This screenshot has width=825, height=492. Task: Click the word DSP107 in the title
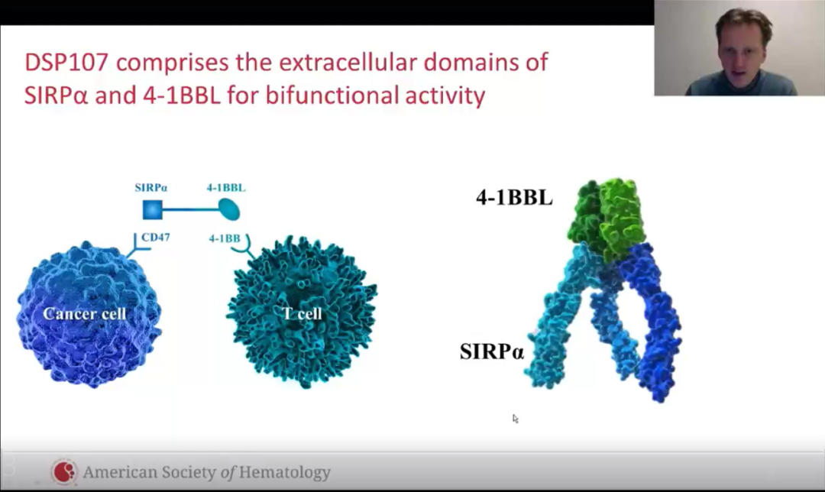(x=66, y=62)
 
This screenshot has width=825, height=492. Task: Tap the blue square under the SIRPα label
(x=153, y=209)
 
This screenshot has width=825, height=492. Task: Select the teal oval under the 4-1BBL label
(x=229, y=209)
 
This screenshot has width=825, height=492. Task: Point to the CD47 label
(x=156, y=237)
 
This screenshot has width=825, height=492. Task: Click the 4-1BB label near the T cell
(x=225, y=238)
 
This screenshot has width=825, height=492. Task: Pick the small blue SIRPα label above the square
(x=151, y=187)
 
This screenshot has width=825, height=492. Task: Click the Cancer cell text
(x=85, y=314)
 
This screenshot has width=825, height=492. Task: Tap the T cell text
(x=302, y=314)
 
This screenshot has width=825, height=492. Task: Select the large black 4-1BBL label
(x=514, y=197)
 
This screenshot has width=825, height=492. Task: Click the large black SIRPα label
(x=492, y=351)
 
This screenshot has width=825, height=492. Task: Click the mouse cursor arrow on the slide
(x=515, y=419)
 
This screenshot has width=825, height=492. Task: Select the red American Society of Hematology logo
(x=64, y=471)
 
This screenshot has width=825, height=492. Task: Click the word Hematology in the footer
(x=285, y=472)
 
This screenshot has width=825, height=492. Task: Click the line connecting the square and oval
(x=190, y=209)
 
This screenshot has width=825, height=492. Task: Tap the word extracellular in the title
(x=348, y=62)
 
